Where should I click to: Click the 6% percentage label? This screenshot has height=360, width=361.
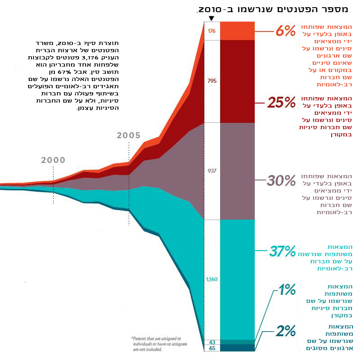pos(285,31)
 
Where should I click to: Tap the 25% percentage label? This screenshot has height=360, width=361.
pos(281,103)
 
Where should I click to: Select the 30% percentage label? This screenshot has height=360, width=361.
pos(281,181)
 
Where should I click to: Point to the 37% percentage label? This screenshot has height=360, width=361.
pos(282,251)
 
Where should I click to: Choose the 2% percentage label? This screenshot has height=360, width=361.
pos(285,331)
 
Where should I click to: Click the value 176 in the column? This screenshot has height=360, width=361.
pos(212,31)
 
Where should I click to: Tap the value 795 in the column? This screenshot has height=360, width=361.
pos(212,81)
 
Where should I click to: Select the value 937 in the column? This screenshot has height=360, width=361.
pos(212,171)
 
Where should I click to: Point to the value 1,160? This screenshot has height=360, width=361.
pos(212,279)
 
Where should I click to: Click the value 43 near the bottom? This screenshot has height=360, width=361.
pos(212,342)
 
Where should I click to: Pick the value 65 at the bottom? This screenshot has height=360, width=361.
pos(212,348)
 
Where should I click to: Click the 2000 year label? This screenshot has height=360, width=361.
pos(53,160)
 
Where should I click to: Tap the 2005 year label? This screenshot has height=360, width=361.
pos(129,135)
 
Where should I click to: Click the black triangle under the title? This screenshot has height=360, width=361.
pos(212,18)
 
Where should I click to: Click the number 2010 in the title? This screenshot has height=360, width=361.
pos(212,9)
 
